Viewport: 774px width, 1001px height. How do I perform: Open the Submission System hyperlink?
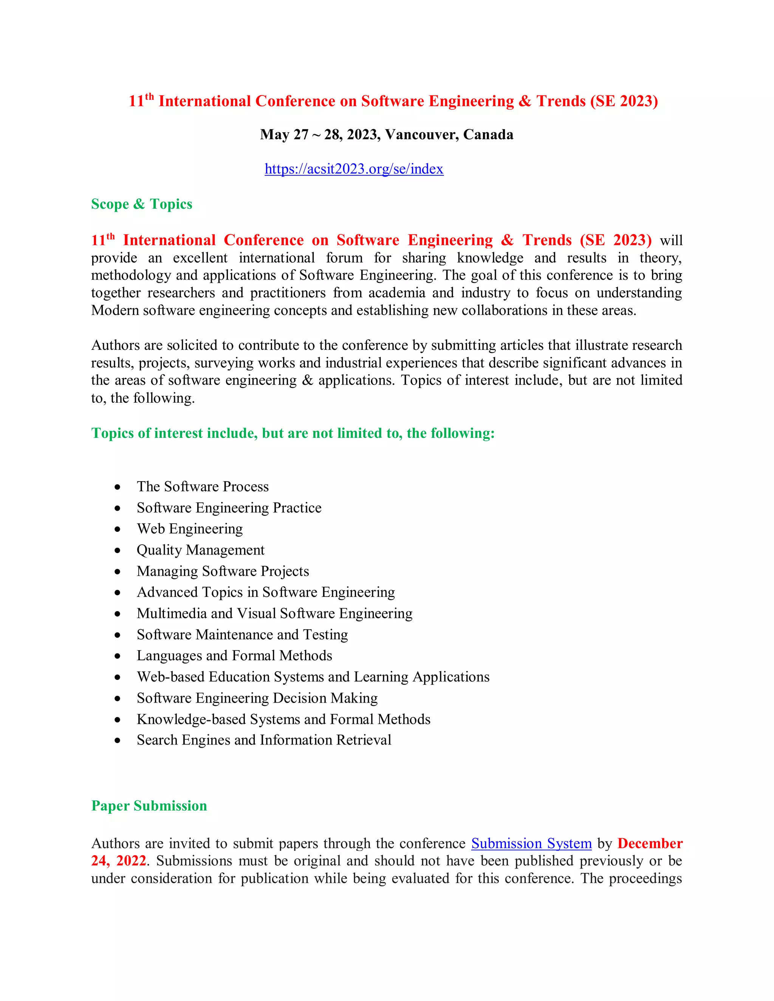tap(531, 843)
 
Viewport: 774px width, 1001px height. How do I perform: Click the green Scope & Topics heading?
tap(141, 204)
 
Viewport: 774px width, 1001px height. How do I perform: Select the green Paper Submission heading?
tap(149, 806)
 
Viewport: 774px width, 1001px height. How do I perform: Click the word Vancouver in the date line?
tap(421, 135)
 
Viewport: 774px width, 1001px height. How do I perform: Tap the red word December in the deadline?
tap(649, 843)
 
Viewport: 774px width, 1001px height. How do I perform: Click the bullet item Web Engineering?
tap(189, 529)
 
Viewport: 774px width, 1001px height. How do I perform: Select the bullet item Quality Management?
tap(200, 550)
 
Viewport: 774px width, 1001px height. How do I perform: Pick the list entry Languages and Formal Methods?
tap(234, 655)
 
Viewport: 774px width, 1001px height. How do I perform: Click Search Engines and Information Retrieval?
tap(264, 740)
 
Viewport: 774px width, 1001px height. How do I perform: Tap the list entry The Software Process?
tap(202, 487)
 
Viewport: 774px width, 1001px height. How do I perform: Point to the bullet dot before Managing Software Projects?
tap(118, 572)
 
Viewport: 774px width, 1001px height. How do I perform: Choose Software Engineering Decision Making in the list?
tap(257, 698)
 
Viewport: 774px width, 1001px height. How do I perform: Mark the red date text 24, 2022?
tap(118, 861)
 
